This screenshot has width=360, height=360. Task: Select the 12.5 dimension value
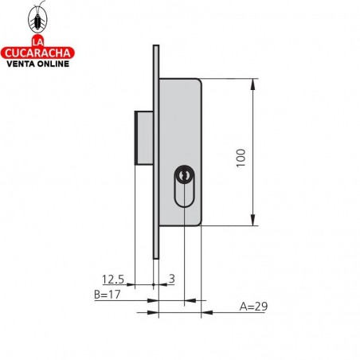click(x=114, y=279)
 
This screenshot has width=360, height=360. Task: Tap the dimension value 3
click(x=171, y=279)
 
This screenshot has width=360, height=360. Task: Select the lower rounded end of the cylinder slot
click(x=185, y=203)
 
